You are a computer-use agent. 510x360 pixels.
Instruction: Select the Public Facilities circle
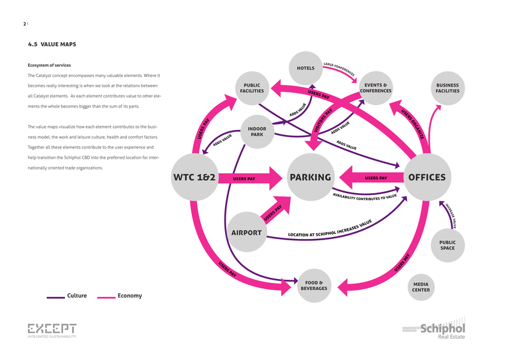tap(253, 89)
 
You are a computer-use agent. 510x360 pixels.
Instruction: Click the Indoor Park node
tap(257, 132)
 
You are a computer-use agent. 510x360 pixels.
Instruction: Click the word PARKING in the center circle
tap(310, 178)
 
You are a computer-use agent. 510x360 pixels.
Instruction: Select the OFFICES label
tap(426, 178)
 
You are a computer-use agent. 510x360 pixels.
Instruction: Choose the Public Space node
tap(448, 245)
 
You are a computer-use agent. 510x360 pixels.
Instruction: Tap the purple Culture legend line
tap(55, 296)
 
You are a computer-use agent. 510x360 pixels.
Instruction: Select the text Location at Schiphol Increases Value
tap(330, 229)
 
